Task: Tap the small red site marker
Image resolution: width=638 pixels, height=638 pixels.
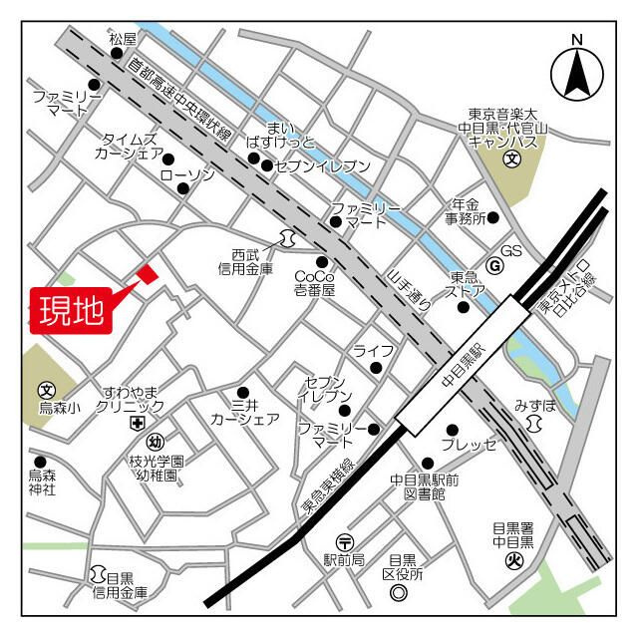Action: click(147, 273)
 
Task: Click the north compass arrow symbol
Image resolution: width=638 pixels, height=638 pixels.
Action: click(576, 70)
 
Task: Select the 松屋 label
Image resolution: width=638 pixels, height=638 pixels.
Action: click(122, 39)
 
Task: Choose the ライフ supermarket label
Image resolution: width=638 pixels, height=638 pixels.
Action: click(373, 350)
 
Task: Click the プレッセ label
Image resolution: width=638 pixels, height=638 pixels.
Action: click(469, 445)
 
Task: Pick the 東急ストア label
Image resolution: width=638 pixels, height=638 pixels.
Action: click(468, 284)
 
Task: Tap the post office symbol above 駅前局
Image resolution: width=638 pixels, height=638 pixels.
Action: click(345, 541)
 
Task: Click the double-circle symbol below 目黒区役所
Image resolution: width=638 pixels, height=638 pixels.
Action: click(398, 593)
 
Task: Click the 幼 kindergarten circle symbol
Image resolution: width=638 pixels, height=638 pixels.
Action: click(155, 442)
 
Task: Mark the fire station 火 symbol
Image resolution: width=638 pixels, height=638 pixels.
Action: click(513, 559)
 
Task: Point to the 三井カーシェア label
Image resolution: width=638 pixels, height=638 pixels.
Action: click(244, 412)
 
